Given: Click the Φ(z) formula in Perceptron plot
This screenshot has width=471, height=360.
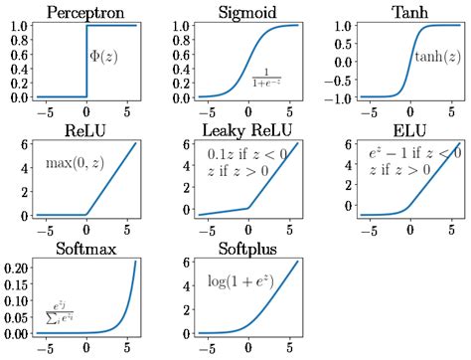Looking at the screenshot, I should pyautogui.click(x=104, y=57).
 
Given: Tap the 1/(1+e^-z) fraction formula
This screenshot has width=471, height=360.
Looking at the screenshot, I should pyautogui.click(x=265, y=78).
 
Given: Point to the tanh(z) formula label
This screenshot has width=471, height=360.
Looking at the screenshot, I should pyautogui.click(x=434, y=57).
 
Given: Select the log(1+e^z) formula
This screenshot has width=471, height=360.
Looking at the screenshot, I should pyautogui.click(x=239, y=280).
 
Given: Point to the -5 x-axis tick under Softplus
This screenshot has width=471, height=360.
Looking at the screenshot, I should pyautogui.click(x=207, y=349).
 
